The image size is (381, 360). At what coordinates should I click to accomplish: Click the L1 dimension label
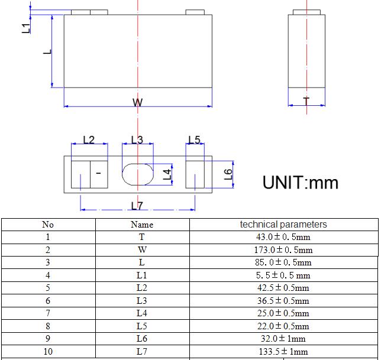(25, 27)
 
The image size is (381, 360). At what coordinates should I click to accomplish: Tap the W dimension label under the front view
(137, 103)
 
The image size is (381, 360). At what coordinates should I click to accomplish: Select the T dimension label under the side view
(306, 102)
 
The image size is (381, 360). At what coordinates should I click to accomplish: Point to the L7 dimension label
(137, 206)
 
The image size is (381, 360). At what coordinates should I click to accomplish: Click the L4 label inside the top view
(167, 174)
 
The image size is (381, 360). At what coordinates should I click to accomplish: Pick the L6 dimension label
(228, 174)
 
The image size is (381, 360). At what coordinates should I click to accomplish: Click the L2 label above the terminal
(89, 140)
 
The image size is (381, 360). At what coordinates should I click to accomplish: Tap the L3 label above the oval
(137, 140)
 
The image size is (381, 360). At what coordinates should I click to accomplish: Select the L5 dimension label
(194, 140)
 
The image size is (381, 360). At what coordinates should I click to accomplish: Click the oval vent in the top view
(137, 175)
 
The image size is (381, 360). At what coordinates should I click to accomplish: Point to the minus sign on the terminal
(98, 173)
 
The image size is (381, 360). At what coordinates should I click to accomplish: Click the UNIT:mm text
(301, 181)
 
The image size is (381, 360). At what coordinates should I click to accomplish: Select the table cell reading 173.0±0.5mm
(283, 249)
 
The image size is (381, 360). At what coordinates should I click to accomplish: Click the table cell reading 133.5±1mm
(283, 352)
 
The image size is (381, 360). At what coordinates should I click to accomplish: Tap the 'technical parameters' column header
(283, 225)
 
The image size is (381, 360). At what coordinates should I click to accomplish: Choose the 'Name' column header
(141, 225)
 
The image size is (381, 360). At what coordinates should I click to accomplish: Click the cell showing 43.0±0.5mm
(283, 237)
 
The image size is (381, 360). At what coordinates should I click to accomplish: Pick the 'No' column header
(48, 225)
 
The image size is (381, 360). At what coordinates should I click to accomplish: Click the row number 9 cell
(48, 339)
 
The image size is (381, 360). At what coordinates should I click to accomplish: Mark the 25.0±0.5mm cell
(283, 313)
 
